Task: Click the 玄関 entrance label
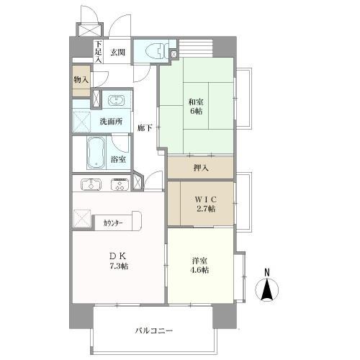118,52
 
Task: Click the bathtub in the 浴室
96,153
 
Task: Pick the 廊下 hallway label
144,127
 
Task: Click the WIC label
201,198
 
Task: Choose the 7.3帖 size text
118,266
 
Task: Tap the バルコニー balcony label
153,330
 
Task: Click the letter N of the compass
266,272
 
